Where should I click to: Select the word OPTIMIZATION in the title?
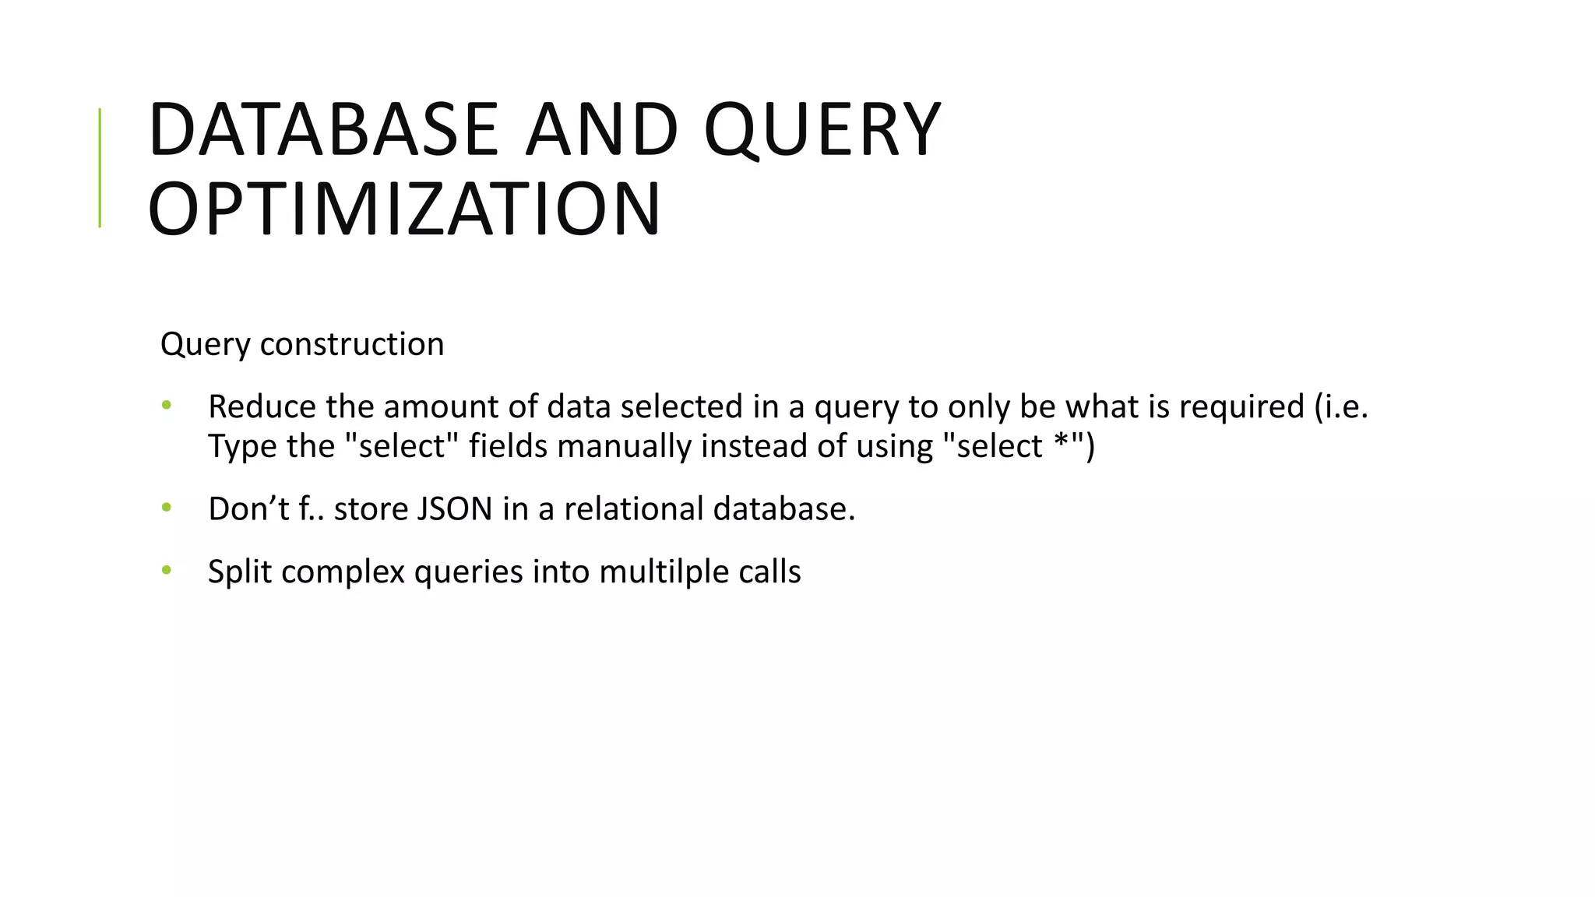coord(404,210)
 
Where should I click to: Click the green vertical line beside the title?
coord(100,167)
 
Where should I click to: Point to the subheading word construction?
coord(352,344)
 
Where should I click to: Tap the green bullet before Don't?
coord(166,508)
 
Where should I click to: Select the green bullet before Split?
coord(166,571)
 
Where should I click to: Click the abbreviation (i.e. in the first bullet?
coord(1341,406)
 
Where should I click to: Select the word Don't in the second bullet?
coord(248,509)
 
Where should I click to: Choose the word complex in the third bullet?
coord(343,572)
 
